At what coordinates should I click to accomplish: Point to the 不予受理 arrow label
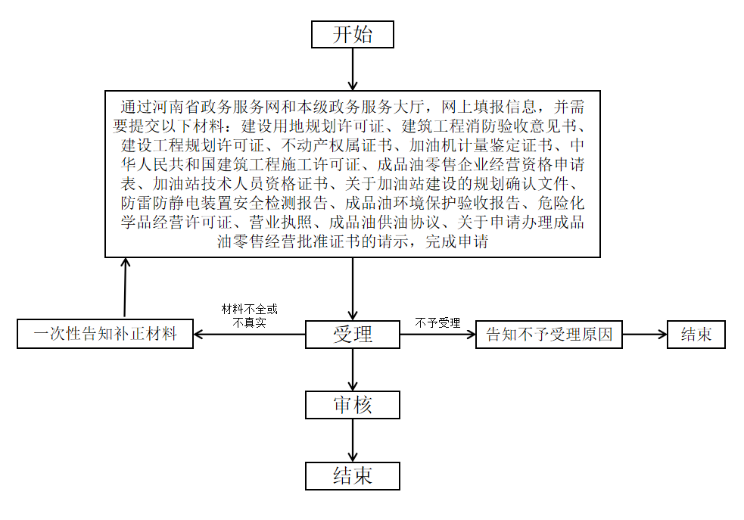point(437,323)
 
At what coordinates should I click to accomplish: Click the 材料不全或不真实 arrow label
point(250,316)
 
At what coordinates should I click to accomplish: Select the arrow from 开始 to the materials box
point(353,70)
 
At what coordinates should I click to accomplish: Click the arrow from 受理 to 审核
point(353,370)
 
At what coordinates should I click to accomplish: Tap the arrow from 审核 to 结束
point(353,441)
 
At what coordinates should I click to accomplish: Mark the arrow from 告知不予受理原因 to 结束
point(645,335)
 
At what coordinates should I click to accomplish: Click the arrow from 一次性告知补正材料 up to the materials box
point(125,288)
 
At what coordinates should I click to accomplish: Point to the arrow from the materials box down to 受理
point(353,289)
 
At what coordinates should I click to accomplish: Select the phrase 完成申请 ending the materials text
point(456,241)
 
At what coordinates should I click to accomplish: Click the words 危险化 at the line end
point(560,203)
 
